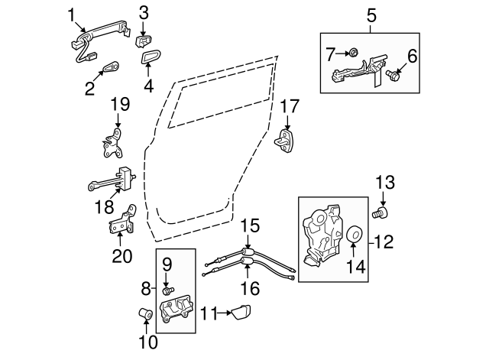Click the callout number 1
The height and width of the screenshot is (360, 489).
(x=71, y=14)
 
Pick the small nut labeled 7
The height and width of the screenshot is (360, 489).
(x=352, y=52)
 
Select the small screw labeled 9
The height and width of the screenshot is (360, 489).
(x=169, y=289)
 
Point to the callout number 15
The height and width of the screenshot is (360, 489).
(x=251, y=226)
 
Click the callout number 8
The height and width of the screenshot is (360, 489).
(x=147, y=290)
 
